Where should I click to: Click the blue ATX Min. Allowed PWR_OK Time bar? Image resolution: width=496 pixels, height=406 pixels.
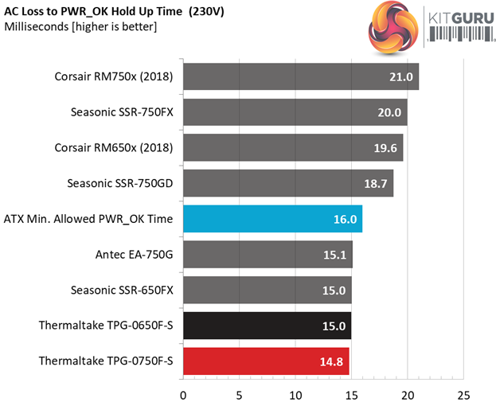tap(272, 219)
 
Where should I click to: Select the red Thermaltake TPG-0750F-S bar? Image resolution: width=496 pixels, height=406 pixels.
tap(266, 361)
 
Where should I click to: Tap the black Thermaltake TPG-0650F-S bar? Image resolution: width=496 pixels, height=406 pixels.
tap(267, 326)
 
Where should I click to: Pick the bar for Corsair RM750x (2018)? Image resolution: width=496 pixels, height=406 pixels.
tap(301, 76)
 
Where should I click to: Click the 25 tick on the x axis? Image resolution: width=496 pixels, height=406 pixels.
tap(464, 395)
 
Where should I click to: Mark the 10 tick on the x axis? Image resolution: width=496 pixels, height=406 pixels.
tap(296, 395)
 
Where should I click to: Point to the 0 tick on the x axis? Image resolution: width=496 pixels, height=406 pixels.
tap(184, 395)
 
